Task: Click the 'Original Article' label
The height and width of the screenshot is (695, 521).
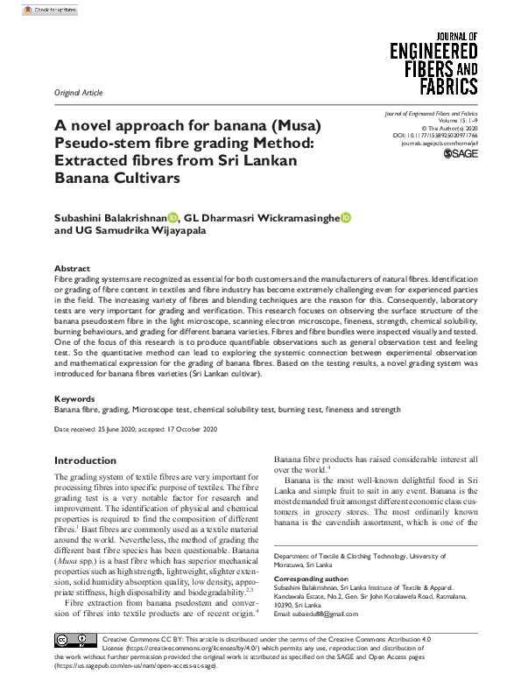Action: pyautogui.click(x=78, y=92)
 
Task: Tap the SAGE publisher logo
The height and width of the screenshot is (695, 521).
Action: pyautogui.click(x=461, y=154)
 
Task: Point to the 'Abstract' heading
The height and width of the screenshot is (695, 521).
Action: pyautogui.click(x=72, y=268)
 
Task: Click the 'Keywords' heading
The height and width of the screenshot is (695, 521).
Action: pyautogui.click(x=74, y=397)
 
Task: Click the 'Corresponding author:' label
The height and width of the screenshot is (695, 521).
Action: pyautogui.click(x=309, y=579)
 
